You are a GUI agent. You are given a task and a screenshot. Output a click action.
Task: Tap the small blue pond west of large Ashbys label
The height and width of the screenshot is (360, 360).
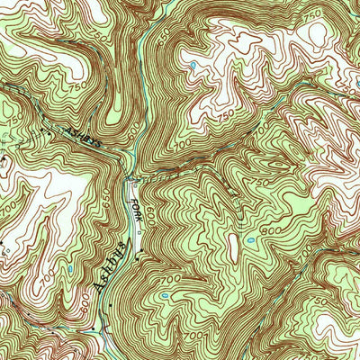(x=70, y=268)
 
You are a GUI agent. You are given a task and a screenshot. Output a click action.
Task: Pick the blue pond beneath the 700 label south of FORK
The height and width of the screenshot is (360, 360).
(x=165, y=294)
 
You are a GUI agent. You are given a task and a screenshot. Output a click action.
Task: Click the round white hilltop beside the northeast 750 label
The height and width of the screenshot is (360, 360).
(x=318, y=33)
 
